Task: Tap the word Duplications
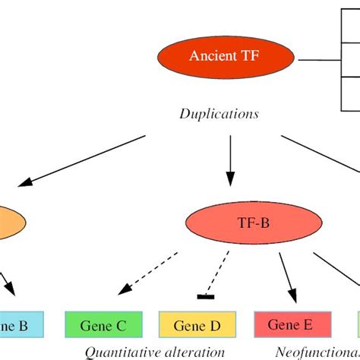(219, 114)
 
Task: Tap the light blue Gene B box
(23, 325)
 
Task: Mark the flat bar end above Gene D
(204, 295)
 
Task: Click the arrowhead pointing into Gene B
(10, 292)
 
